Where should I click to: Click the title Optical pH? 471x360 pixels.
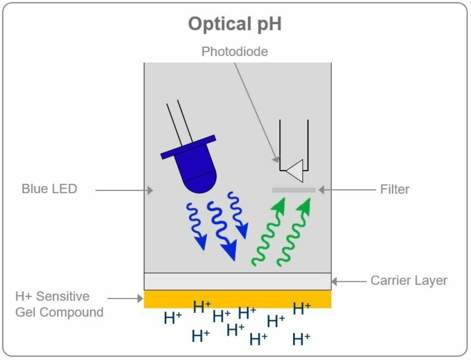235,24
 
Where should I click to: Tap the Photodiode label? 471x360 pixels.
235,52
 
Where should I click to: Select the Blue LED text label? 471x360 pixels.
49,189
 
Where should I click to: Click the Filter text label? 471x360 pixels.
394,189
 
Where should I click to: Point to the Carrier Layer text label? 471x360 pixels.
409,281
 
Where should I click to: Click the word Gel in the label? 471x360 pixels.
25,312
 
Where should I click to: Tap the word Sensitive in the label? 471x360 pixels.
63,296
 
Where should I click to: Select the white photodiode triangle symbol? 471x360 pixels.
296,170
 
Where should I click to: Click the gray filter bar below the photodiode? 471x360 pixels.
294,190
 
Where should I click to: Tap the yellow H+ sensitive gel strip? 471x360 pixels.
237,299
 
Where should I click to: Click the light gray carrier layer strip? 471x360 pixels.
237,282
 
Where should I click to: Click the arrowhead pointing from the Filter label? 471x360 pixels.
322,190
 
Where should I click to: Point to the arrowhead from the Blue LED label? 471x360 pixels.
150,190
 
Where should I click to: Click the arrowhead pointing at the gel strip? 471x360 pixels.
140,298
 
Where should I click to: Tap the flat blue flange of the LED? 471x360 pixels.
188,147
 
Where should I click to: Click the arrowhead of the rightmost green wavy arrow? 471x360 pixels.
305,205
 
